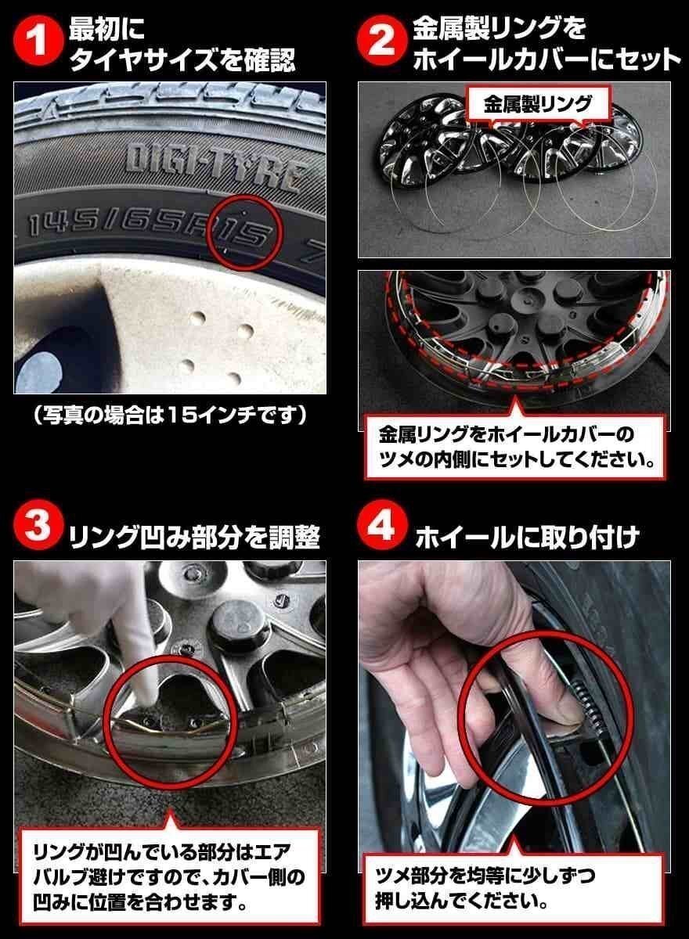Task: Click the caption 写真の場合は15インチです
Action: pos(169,415)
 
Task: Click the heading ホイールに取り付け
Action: pos(527,538)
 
